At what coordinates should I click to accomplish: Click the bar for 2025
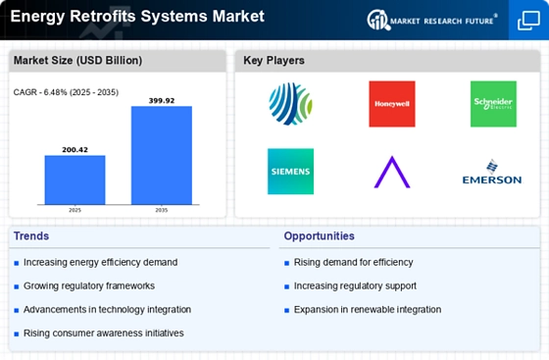coord(75,180)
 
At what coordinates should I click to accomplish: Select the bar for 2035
coord(162,155)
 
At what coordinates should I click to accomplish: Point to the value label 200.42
coord(75,150)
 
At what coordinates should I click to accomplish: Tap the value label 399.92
coord(162,101)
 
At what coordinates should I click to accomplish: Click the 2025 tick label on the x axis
coord(75,210)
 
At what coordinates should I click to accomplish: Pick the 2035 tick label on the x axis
coord(162,210)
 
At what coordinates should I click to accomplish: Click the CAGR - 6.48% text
coord(40,92)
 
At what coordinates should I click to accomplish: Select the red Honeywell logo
coord(392,104)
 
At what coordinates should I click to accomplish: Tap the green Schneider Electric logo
coord(493,104)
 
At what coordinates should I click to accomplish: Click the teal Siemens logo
coord(290,172)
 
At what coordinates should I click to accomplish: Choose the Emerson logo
coord(492,172)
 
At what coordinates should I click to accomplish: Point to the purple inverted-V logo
coord(392,173)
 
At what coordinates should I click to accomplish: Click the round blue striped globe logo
coord(290,104)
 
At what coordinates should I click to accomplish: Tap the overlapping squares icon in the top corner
coord(528,21)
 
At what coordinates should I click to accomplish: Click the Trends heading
coord(31,236)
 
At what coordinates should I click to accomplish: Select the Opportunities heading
coord(319,236)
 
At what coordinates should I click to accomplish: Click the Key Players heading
coord(274,60)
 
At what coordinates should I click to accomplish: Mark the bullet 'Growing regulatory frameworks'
coord(89,286)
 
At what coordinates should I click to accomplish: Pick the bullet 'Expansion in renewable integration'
coord(368,310)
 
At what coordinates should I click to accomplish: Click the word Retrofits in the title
coord(103,16)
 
